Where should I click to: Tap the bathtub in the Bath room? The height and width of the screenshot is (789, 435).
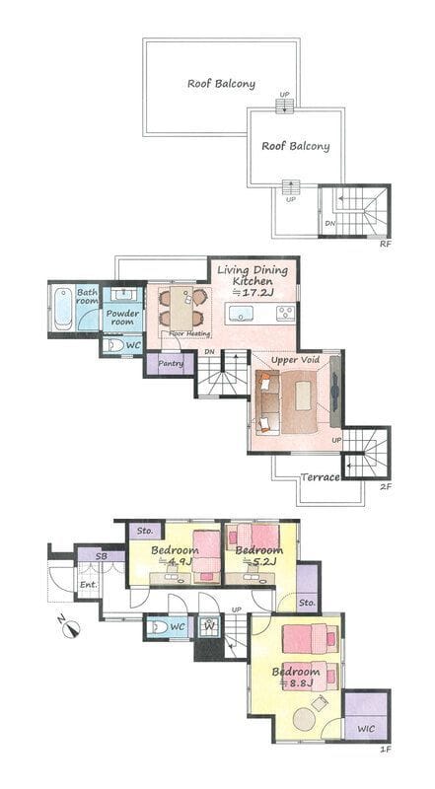[x=63, y=309]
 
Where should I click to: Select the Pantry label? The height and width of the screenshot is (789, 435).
[x=171, y=363]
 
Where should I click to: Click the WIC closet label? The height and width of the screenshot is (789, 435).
[x=366, y=729]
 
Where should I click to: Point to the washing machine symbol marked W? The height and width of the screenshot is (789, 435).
[x=208, y=627]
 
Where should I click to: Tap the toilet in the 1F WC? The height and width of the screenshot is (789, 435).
[x=159, y=627]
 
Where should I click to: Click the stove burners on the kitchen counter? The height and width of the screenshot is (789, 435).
[x=285, y=313]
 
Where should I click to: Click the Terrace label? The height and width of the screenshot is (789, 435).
[x=321, y=477]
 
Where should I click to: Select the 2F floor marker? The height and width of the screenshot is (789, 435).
[x=386, y=486]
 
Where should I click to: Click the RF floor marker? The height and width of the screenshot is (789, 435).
[x=386, y=244]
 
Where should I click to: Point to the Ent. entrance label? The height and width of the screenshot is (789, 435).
[x=88, y=585]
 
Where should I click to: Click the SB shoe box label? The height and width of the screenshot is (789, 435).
[x=102, y=556]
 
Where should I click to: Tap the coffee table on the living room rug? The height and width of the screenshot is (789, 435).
[x=304, y=396]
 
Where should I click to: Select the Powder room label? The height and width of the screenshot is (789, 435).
[x=122, y=318]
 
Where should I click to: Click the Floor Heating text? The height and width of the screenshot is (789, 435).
[x=189, y=333]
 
